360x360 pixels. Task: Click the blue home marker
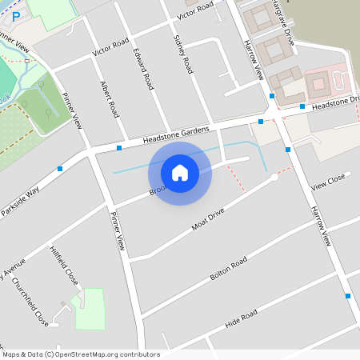(x=180, y=172)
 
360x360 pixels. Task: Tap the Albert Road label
(x=109, y=98)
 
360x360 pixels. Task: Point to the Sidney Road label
(x=182, y=54)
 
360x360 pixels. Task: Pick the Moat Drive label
(x=209, y=216)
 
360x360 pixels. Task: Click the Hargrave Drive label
(x=281, y=10)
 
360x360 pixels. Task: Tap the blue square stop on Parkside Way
(x=60, y=168)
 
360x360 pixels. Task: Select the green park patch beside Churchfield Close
(x=90, y=310)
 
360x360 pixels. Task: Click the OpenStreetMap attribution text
(x=80, y=354)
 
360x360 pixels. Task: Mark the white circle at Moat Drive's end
(x=274, y=177)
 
